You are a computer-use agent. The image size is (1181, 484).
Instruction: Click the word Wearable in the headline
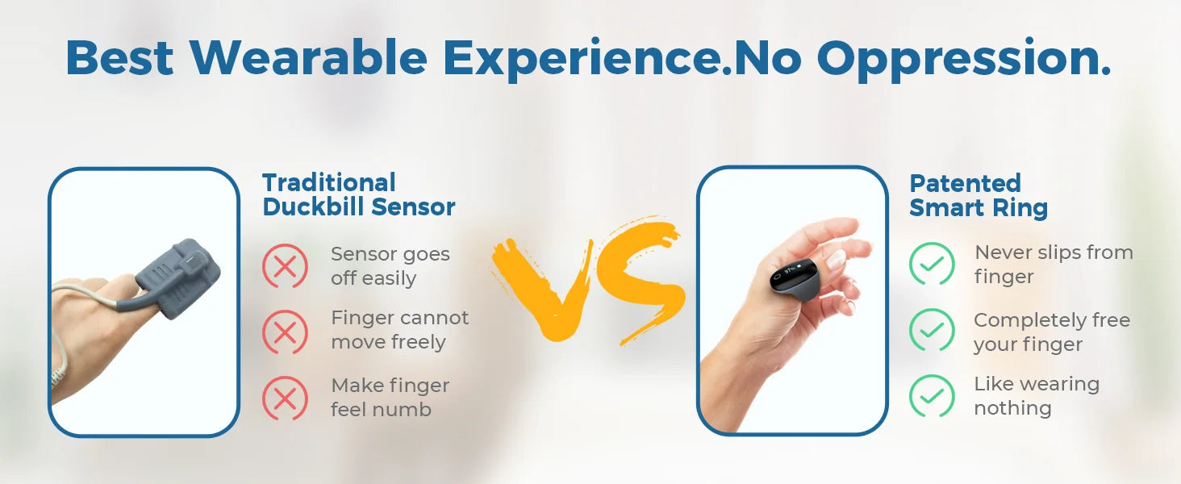pyautogui.click(x=308, y=57)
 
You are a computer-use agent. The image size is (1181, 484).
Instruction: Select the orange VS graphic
pyautogui.click(x=588, y=281)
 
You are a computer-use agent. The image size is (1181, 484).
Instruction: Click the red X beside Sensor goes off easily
pyautogui.click(x=286, y=265)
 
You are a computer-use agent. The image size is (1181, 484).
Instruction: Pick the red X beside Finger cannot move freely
pyautogui.click(x=286, y=332)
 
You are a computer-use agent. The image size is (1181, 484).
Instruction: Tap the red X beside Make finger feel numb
pyautogui.click(x=286, y=398)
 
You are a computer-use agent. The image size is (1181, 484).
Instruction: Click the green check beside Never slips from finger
pyautogui.click(x=932, y=264)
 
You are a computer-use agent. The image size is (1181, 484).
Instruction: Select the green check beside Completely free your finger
pyautogui.click(x=932, y=330)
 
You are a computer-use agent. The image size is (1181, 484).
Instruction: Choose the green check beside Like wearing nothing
pyautogui.click(x=932, y=396)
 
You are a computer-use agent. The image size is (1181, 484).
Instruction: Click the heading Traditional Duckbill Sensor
pyautogui.click(x=358, y=194)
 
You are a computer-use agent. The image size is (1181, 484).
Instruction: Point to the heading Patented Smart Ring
pyautogui.click(x=979, y=195)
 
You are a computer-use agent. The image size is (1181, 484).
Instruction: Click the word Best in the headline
pyautogui.click(x=119, y=57)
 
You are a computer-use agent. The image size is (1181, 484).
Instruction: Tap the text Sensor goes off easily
pyautogui.click(x=390, y=265)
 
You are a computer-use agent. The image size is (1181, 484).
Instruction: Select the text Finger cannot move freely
pyautogui.click(x=399, y=330)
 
